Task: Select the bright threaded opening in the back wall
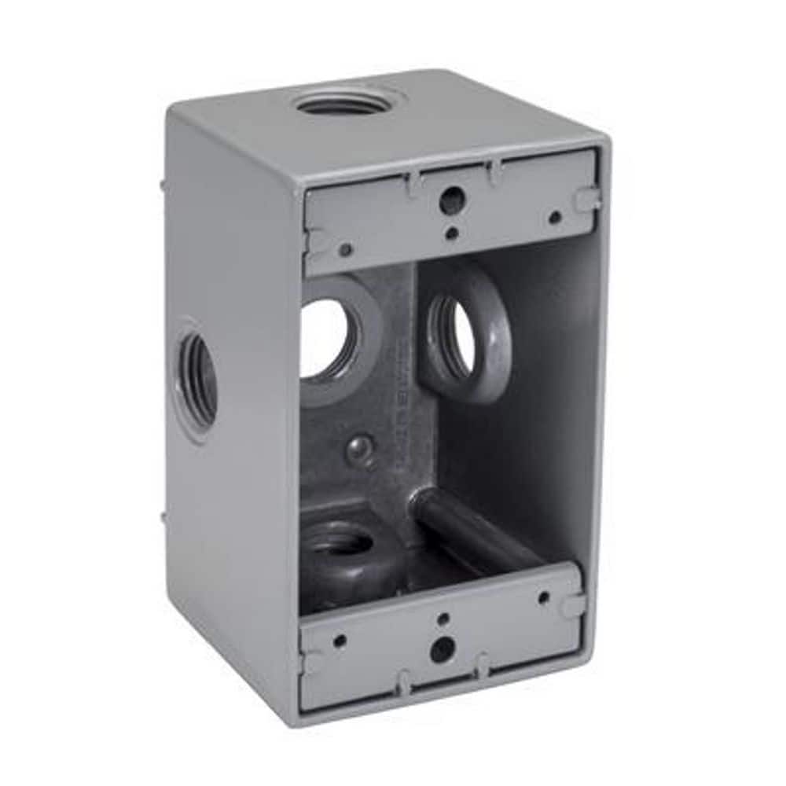(325, 339)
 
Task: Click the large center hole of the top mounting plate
(451, 199)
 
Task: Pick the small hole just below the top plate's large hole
(451, 233)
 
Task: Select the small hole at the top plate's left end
(346, 250)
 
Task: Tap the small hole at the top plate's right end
(555, 217)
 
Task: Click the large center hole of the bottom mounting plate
(443, 649)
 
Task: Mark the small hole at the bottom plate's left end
(340, 640)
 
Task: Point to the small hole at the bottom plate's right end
(542, 598)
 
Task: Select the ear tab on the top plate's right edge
(588, 200)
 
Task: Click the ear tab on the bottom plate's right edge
(575, 605)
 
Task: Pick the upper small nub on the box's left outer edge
(162, 186)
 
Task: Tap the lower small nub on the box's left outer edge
(163, 518)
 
